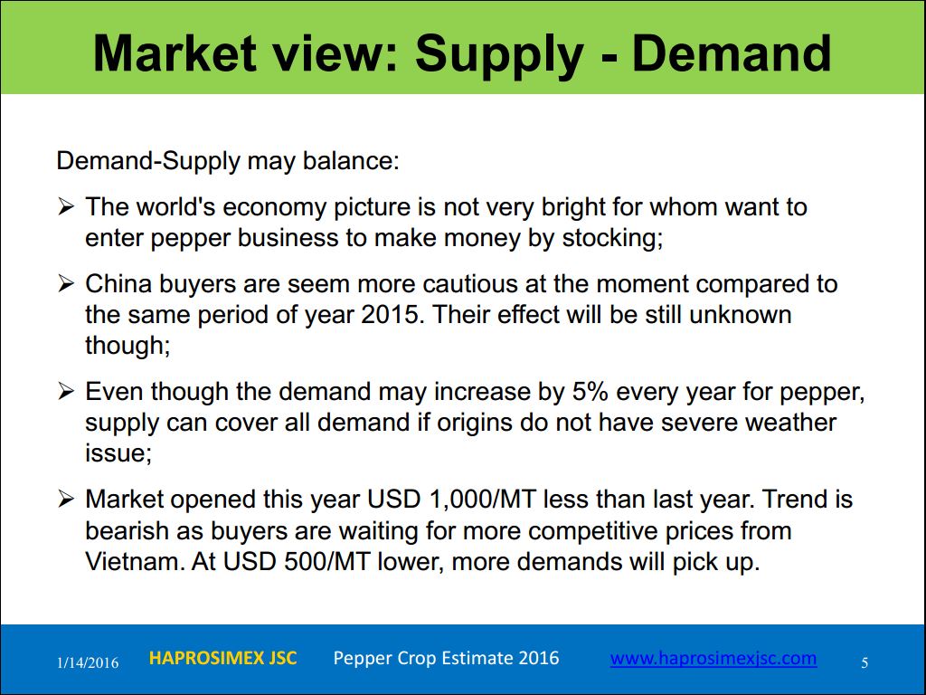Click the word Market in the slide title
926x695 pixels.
[175, 53]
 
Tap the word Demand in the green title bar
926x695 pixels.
[732, 53]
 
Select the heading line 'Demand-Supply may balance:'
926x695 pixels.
[228, 161]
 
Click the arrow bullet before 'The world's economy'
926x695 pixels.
[66, 207]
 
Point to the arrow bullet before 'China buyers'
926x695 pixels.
[66, 283]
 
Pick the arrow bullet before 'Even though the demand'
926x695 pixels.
[66, 391]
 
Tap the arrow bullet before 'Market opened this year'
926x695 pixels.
[66, 500]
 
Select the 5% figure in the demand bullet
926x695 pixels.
[591, 391]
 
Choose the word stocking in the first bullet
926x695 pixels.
[612, 238]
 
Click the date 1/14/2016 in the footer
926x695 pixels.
[88, 662]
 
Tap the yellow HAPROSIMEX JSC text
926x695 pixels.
[222, 658]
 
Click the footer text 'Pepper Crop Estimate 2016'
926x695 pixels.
[446, 658]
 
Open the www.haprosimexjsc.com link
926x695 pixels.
[713, 659]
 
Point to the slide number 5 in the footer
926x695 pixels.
[865, 662]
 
